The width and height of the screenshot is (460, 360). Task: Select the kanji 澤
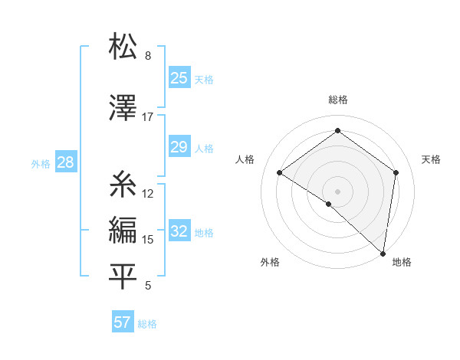(x=123, y=109)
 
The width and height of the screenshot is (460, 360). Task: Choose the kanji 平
(x=123, y=277)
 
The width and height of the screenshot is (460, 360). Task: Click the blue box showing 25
(x=179, y=78)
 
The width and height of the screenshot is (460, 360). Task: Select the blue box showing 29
(x=179, y=147)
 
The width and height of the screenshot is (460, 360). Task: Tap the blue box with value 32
(x=179, y=231)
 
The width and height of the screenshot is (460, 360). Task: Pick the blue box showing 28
(x=65, y=162)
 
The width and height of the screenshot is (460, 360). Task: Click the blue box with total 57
(x=123, y=322)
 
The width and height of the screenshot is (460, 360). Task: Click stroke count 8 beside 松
(x=147, y=56)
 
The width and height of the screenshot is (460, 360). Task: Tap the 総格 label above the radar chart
(x=337, y=100)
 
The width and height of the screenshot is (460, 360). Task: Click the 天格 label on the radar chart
(x=431, y=159)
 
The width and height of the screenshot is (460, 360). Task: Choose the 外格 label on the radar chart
(x=270, y=262)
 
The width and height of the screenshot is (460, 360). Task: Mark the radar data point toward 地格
(x=383, y=254)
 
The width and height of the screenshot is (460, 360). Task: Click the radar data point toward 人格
(x=280, y=173)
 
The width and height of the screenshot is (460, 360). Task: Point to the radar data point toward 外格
(x=329, y=204)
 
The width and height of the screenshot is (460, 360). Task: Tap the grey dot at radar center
(x=337, y=191)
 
